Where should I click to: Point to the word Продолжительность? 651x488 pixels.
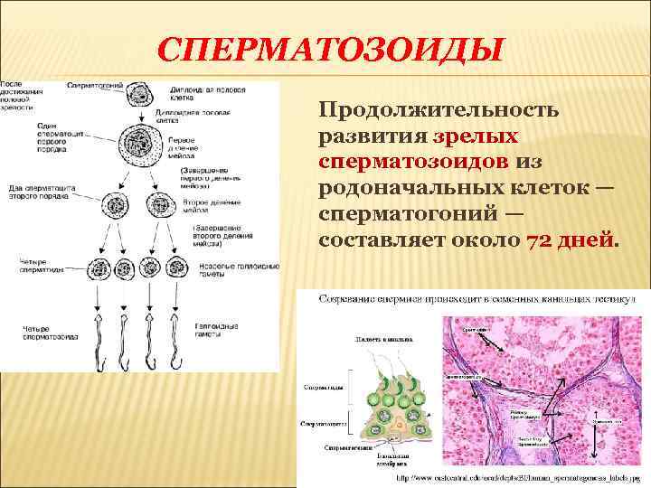[x=439, y=110]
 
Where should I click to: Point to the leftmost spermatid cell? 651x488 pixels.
[x=97, y=268]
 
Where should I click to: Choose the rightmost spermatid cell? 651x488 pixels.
[x=179, y=268]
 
